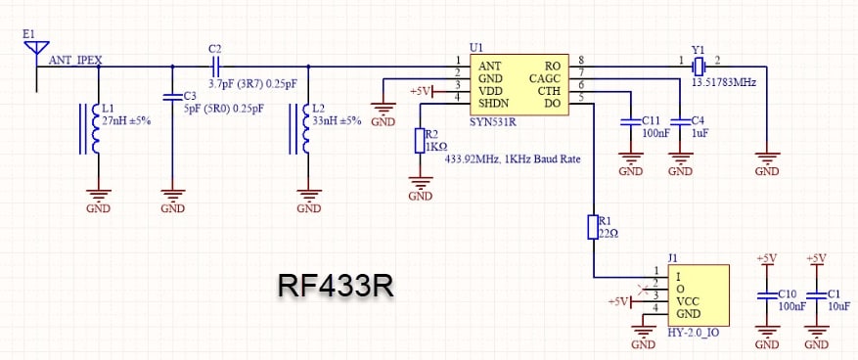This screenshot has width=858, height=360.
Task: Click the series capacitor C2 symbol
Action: (x=215, y=67)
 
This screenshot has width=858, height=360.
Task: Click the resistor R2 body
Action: (x=420, y=141)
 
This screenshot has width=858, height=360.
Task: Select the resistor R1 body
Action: (x=592, y=228)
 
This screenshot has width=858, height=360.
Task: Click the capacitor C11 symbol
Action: (x=627, y=123)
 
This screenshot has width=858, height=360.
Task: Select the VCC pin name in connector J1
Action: (x=689, y=301)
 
